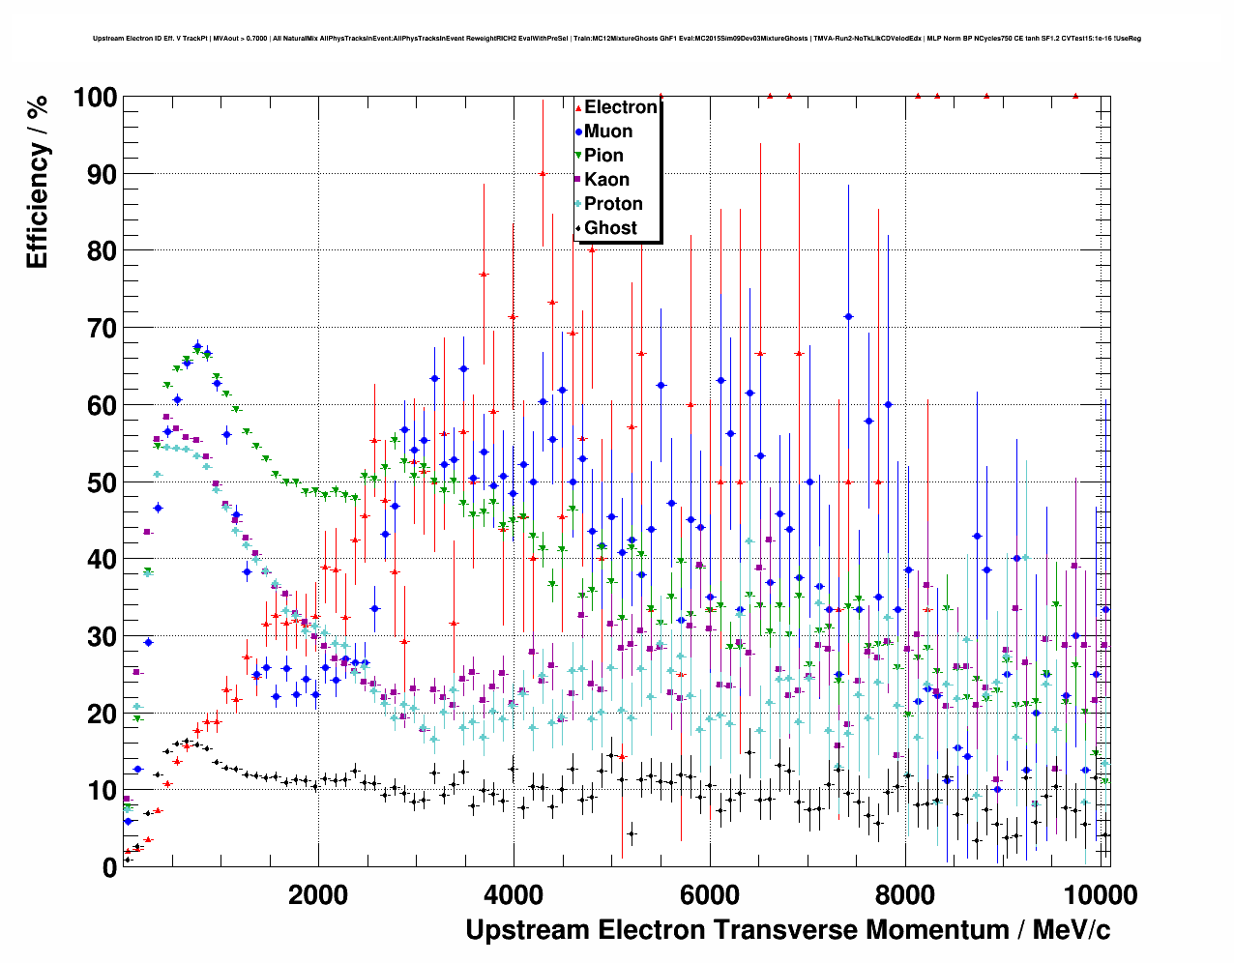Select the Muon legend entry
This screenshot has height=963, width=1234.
pyautogui.click(x=608, y=131)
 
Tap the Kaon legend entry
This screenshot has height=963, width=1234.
pyautogui.click(x=606, y=180)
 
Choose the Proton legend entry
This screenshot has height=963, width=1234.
pyautogui.click(x=613, y=204)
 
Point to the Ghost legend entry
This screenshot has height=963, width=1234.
pyautogui.click(x=610, y=228)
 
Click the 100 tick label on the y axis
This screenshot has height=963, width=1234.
pyautogui.click(x=95, y=98)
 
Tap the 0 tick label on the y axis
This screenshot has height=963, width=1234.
pyautogui.click(x=109, y=867)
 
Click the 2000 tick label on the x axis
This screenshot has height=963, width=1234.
pyautogui.click(x=318, y=894)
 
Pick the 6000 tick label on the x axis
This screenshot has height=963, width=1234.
pyautogui.click(x=710, y=894)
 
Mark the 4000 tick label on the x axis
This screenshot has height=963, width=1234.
pyautogui.click(x=514, y=894)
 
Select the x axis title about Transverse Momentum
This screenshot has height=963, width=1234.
pyautogui.click(x=787, y=930)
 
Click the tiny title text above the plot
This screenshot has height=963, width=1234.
pyautogui.click(x=617, y=39)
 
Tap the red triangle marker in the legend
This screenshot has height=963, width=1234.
pyautogui.click(x=578, y=107)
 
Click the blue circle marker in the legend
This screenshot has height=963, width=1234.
pyautogui.click(x=578, y=131)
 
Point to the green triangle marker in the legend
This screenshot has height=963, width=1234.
pyautogui.click(x=578, y=156)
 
